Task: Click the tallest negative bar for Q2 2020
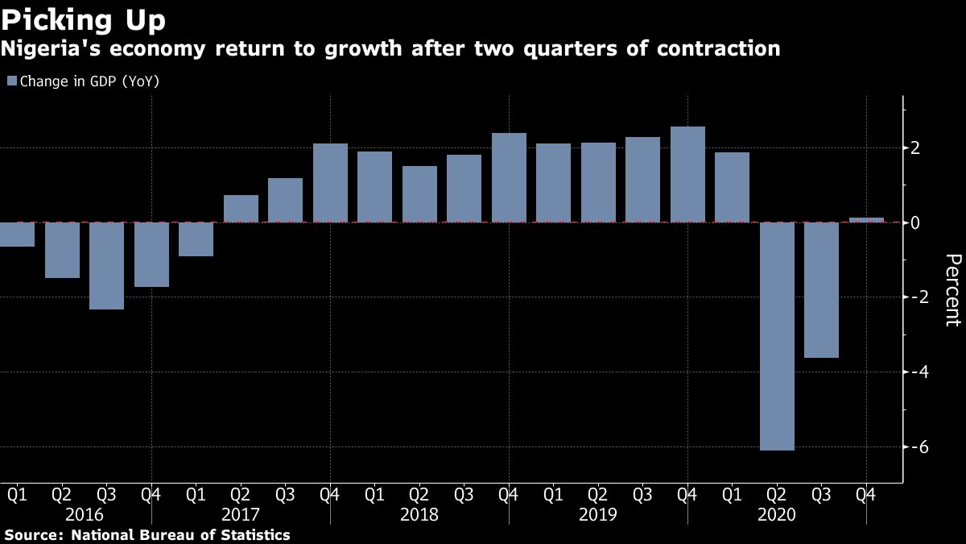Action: tap(777, 336)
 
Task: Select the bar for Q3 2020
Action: tap(822, 290)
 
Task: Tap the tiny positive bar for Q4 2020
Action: tap(866, 219)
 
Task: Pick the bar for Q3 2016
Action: tap(106, 266)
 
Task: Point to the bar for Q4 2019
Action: tap(687, 174)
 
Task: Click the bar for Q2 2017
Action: tap(241, 209)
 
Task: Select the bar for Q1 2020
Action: tap(733, 187)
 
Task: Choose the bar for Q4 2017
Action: tap(330, 183)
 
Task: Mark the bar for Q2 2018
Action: tap(419, 194)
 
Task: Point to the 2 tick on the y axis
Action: tap(915, 148)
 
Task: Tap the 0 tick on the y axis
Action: tap(915, 222)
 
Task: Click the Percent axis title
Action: tap(953, 290)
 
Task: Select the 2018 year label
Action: tap(419, 514)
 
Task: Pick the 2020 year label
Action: tap(777, 514)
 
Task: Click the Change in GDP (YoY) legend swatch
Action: tap(11, 81)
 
